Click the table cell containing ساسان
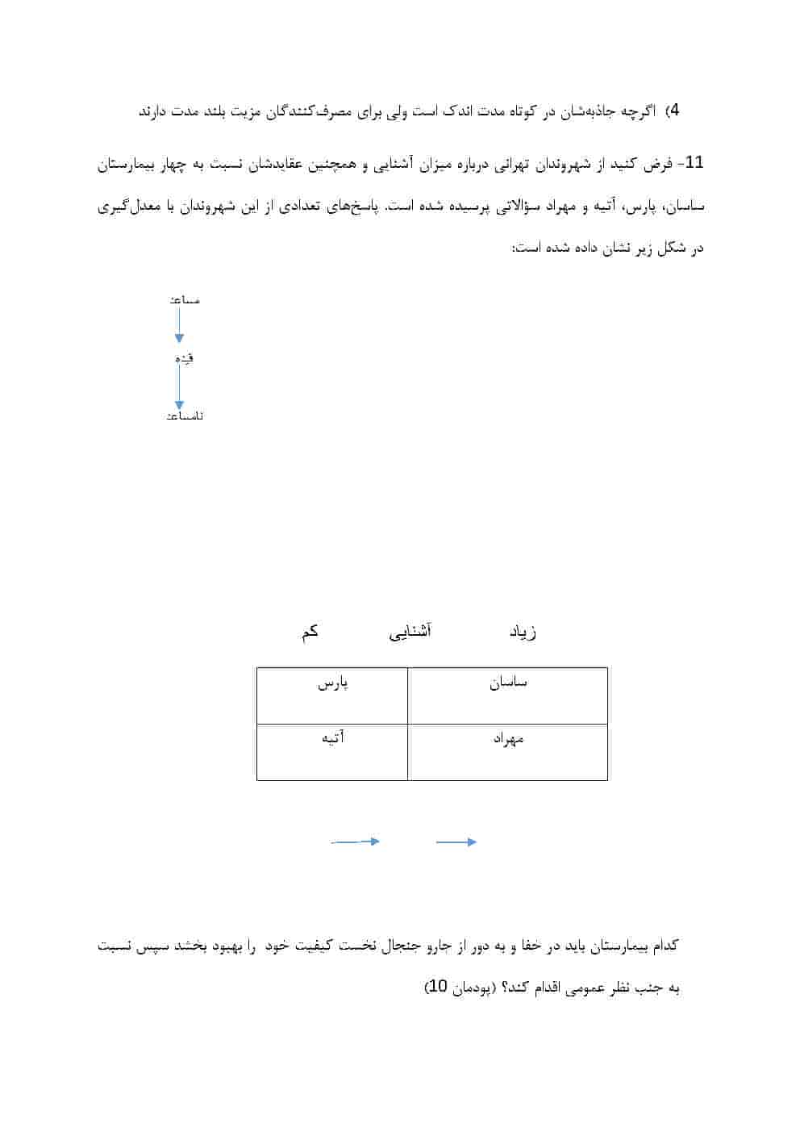click(x=507, y=695)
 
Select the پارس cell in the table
click(x=332, y=695)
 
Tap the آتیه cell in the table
click(x=332, y=751)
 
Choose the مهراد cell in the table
click(x=507, y=751)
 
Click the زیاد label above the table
click(x=523, y=632)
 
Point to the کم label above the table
click(x=310, y=632)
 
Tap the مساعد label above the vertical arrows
click(x=185, y=300)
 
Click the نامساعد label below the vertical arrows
click(x=184, y=416)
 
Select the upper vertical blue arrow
click(x=179, y=325)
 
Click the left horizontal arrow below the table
click(x=356, y=842)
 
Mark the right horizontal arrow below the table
click(x=456, y=842)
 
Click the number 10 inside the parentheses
click(x=435, y=987)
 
